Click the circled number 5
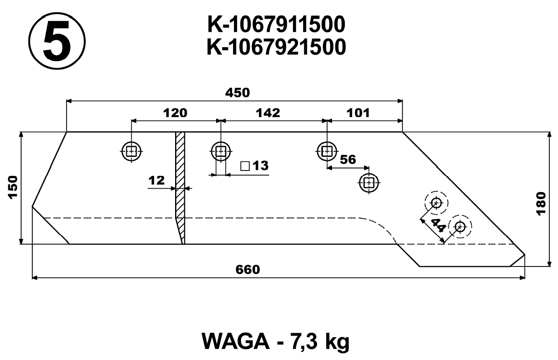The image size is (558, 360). point(57,41)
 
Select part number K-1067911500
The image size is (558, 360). point(276,25)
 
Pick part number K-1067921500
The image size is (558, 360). point(276,47)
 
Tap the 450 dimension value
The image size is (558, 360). point(238,93)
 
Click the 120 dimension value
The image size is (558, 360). point(175,113)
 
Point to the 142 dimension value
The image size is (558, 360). point(268,113)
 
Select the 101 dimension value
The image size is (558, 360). point(358,113)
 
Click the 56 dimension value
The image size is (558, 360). point(348,160)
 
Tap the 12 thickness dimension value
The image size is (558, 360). point(157,180)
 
